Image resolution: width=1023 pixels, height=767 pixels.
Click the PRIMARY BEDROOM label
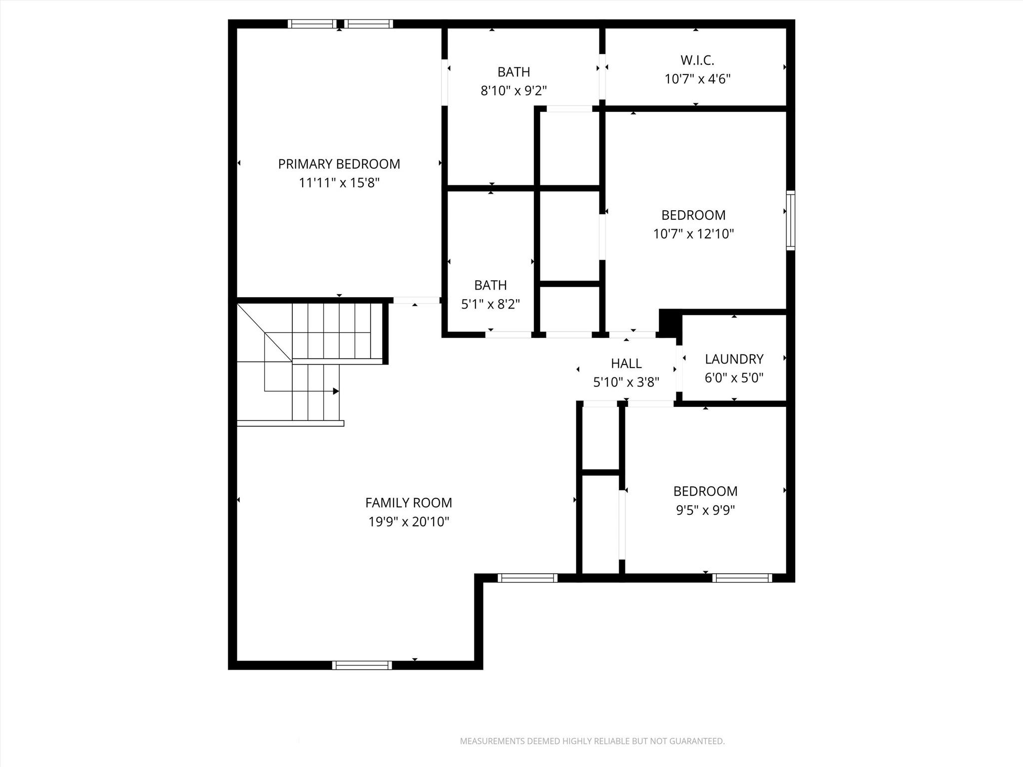(x=339, y=164)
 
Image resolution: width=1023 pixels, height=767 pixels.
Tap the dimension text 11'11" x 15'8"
(x=339, y=183)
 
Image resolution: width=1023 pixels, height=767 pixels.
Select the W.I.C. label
(x=697, y=60)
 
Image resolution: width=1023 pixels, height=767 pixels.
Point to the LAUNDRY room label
(x=734, y=359)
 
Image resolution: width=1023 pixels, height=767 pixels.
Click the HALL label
(x=626, y=364)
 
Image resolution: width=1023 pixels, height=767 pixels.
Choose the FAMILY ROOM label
(x=408, y=502)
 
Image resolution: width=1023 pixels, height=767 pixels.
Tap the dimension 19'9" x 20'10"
(x=408, y=522)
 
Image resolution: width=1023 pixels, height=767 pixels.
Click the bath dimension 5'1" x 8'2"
(x=490, y=304)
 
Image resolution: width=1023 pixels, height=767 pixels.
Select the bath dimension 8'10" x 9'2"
(x=513, y=91)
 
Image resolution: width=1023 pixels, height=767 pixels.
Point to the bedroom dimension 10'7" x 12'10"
(x=693, y=234)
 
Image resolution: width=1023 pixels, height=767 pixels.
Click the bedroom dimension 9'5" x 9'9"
(x=705, y=510)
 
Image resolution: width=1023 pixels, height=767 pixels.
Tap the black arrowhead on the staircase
(x=336, y=391)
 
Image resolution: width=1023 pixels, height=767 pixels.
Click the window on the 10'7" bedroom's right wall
(x=790, y=220)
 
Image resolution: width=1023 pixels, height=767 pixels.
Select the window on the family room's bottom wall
(x=362, y=665)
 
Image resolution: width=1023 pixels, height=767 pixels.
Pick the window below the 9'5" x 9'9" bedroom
(x=742, y=578)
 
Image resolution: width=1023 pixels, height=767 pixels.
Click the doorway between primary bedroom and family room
(x=416, y=300)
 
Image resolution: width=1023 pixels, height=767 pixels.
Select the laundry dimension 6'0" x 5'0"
(x=734, y=378)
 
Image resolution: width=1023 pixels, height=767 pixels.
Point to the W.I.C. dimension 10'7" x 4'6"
(x=697, y=79)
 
